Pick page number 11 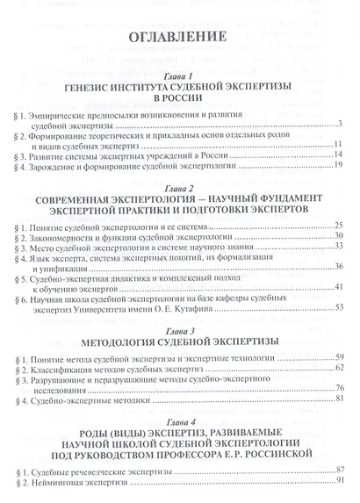pyautogui.click(x=336, y=143)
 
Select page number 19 pyautogui.click(x=336, y=167)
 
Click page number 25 pyautogui.click(x=336, y=226)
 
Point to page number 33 pyautogui.click(x=336, y=250)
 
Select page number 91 pyautogui.click(x=336, y=481)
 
